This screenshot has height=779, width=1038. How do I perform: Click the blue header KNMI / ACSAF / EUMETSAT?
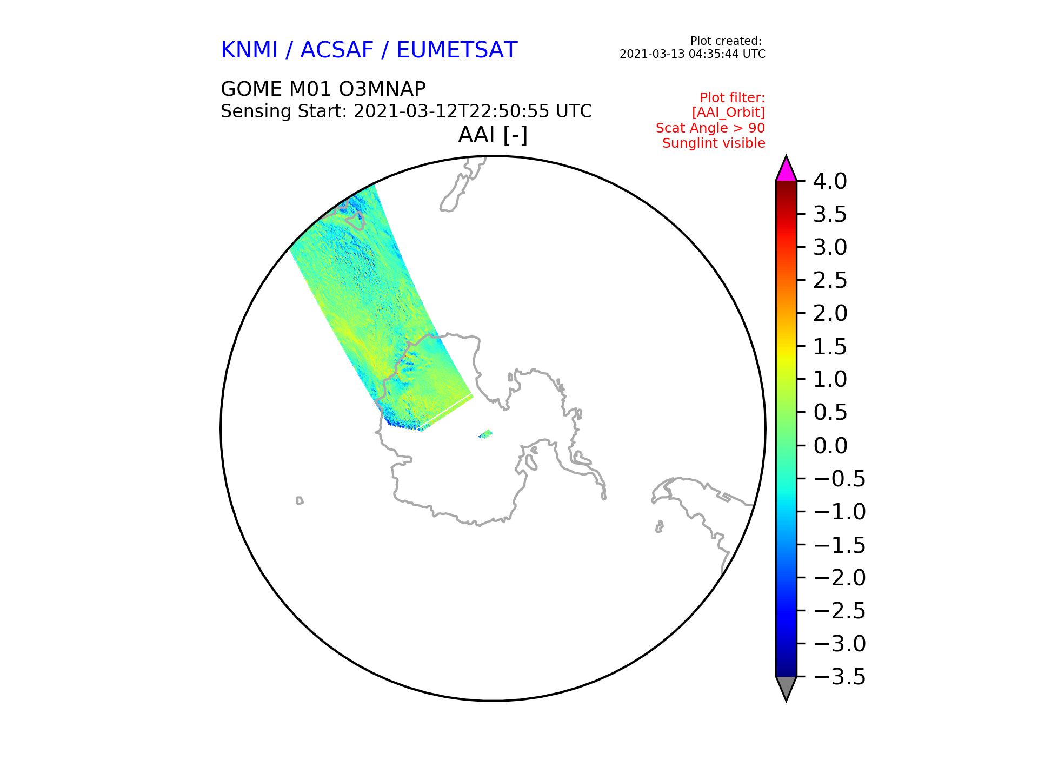[369, 50]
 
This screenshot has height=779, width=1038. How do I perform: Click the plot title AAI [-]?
[493, 135]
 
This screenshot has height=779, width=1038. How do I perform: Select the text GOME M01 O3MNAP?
[323, 89]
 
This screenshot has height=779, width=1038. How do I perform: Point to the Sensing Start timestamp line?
[407, 111]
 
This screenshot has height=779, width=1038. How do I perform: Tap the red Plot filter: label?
[733, 98]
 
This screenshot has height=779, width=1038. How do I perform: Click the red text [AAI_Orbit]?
[729, 113]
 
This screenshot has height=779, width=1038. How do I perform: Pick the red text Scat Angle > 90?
[710, 128]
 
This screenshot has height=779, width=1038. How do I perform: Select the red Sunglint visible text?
[714, 143]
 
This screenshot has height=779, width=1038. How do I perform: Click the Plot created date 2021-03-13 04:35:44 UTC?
[693, 54]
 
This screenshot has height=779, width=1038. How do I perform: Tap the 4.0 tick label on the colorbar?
[830, 181]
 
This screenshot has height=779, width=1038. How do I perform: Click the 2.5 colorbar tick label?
[830, 280]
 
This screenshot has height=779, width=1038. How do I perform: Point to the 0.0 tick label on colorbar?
[830, 446]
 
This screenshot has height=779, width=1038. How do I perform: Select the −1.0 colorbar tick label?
[840, 512]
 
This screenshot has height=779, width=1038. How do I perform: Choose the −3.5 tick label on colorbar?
[840, 677]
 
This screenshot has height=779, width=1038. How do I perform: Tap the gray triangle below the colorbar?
[786, 688]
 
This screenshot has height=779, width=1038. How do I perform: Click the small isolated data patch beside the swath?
[485, 434]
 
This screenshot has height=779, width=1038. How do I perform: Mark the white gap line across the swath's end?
[444, 412]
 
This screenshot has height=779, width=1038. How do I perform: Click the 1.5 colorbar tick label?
[830, 347]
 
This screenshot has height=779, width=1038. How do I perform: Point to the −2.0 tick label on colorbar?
[840, 578]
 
